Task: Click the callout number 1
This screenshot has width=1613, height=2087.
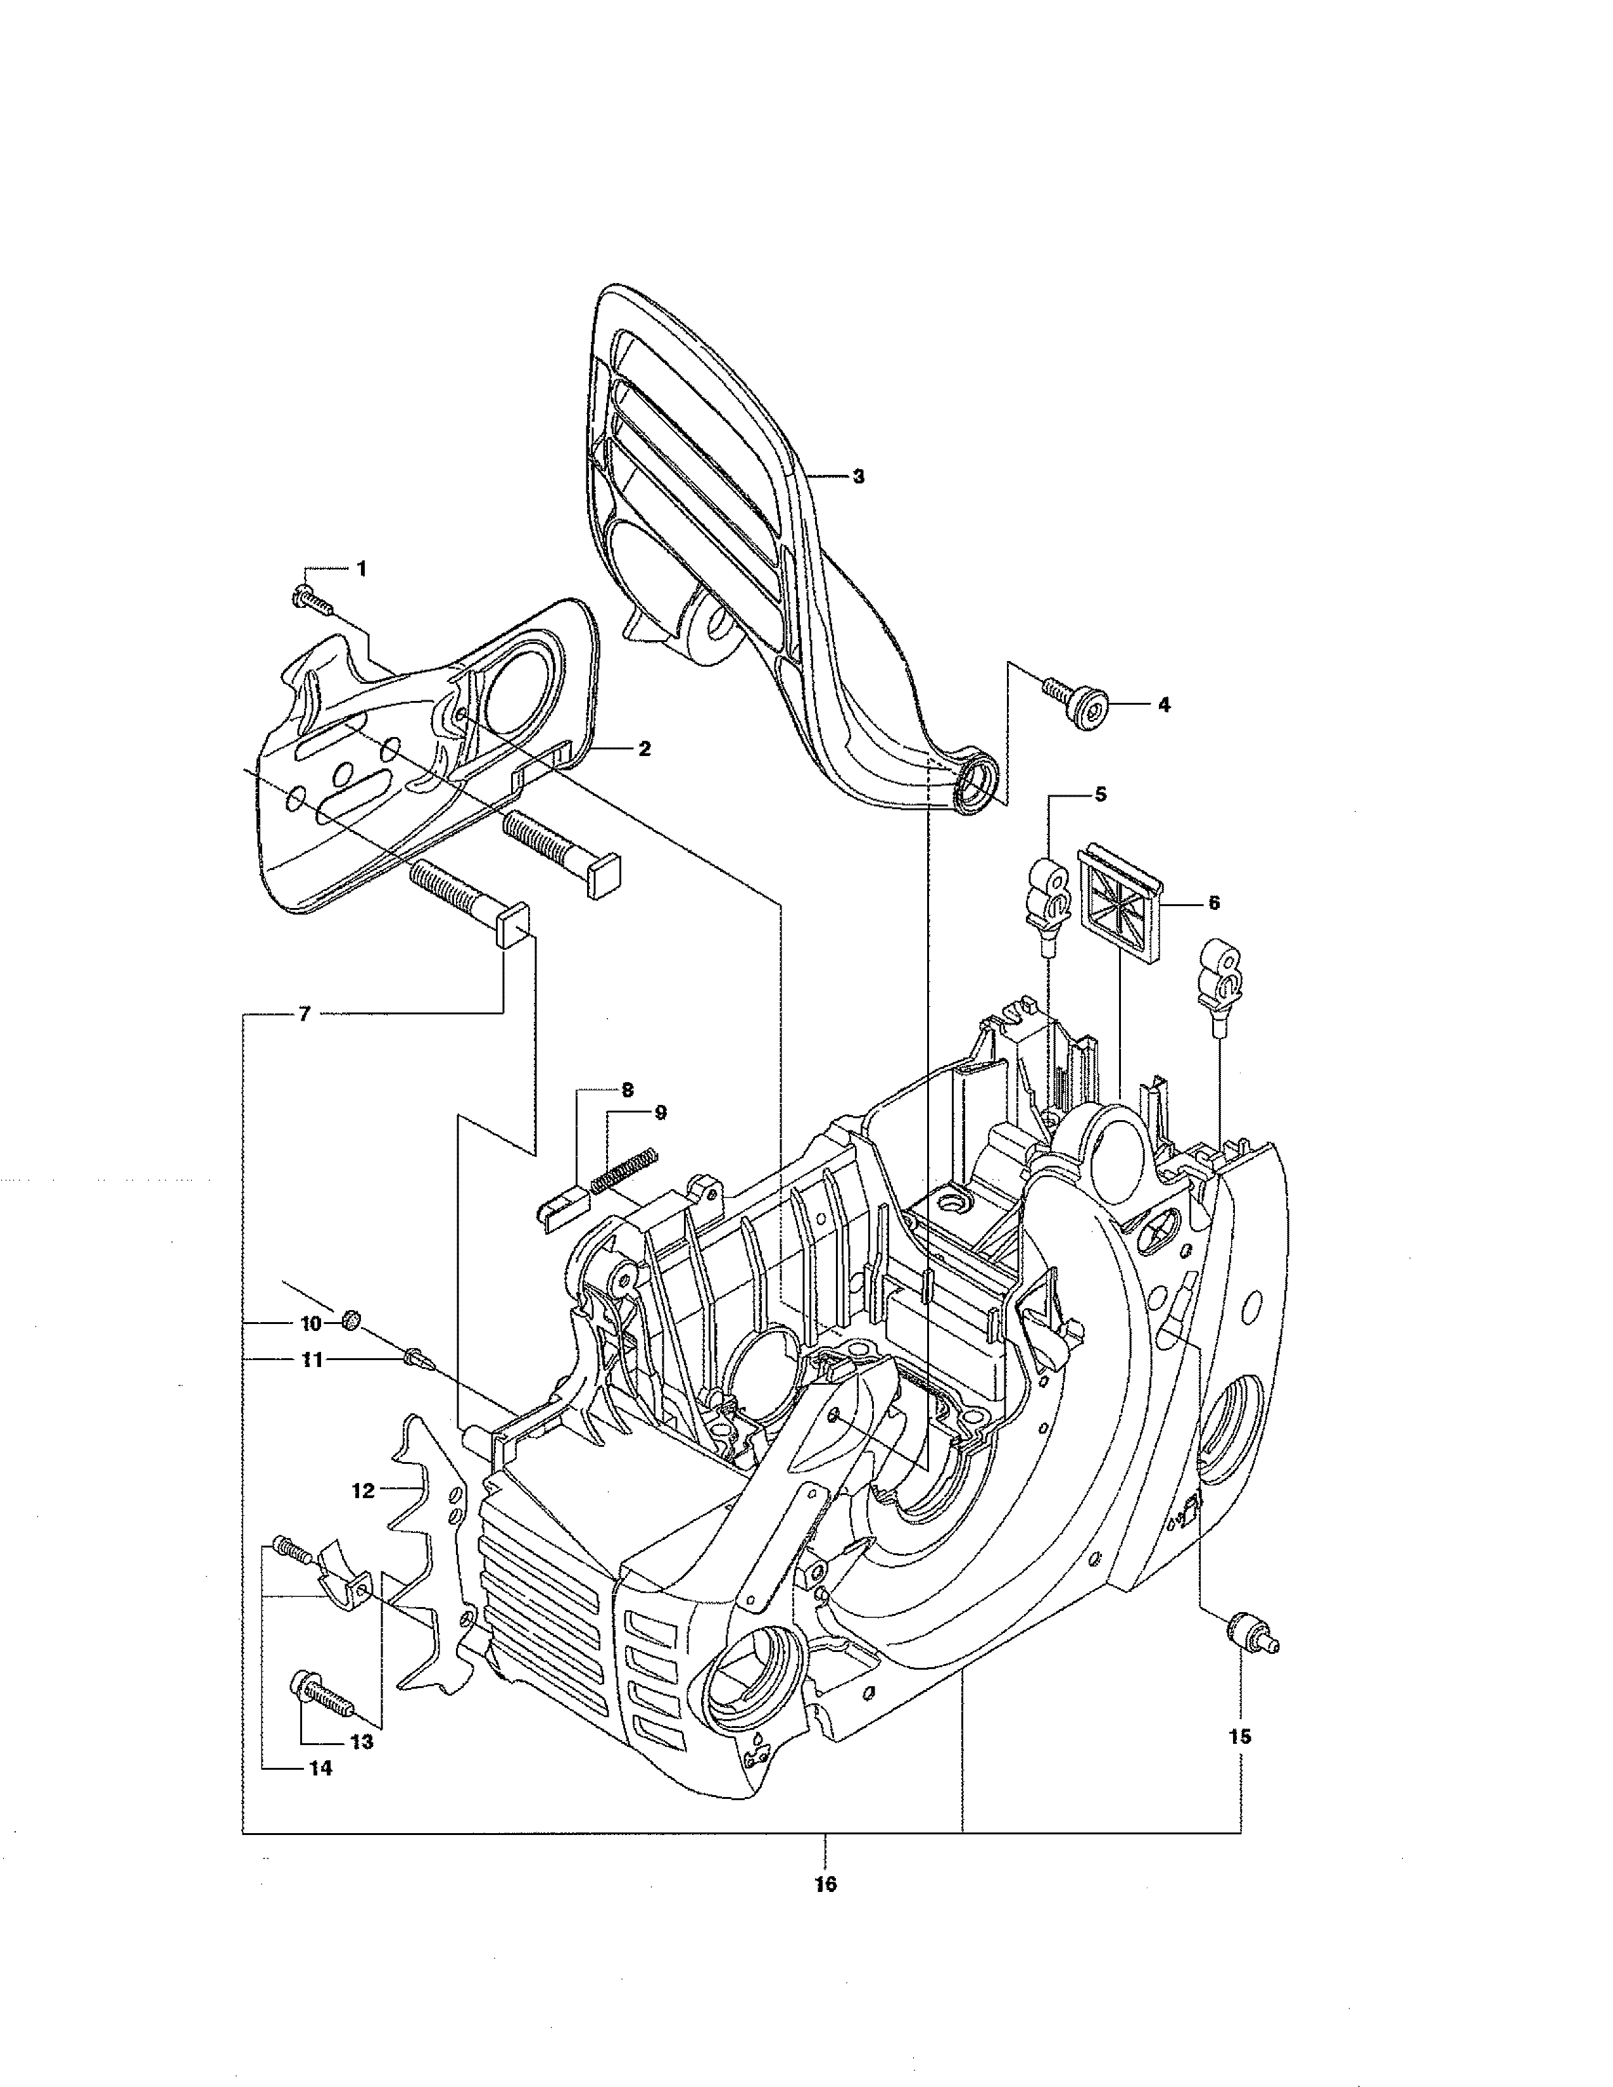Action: (x=361, y=569)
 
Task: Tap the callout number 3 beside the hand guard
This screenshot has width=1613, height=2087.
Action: (x=858, y=476)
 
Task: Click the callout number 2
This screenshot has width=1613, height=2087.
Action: (x=645, y=749)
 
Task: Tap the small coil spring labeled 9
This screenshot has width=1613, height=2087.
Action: (x=622, y=1170)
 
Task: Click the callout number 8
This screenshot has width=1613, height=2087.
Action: (x=627, y=1088)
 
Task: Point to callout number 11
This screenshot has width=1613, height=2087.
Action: (x=312, y=1359)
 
